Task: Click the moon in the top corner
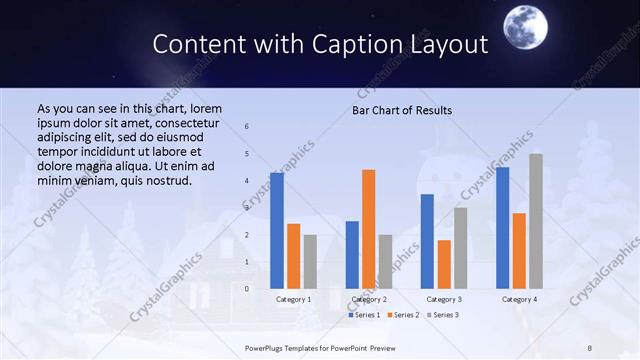point(527,24)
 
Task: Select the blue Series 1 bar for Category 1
point(277,230)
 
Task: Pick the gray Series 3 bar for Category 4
point(536,221)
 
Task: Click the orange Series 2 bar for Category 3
point(444,264)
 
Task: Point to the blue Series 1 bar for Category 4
point(502,227)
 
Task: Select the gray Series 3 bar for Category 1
point(310,261)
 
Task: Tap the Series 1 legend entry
point(364,315)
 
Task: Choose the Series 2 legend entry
point(403,315)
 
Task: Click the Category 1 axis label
point(294,299)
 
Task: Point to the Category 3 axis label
point(444,299)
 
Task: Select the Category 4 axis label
point(519,299)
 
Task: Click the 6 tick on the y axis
point(247,127)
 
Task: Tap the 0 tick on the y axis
point(247,289)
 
